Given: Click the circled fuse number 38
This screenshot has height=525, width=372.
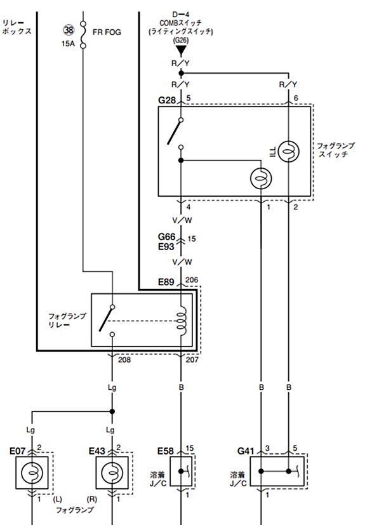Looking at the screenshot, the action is click(x=69, y=30).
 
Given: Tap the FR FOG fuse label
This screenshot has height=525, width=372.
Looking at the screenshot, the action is click(x=107, y=32).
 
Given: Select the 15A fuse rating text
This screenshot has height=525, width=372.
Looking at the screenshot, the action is click(x=68, y=44).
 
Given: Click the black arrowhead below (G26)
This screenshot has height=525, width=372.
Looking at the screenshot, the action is click(x=181, y=51).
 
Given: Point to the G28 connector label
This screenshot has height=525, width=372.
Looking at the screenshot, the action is click(x=167, y=100).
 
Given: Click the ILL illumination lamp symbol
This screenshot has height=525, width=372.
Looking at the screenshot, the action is click(x=289, y=151).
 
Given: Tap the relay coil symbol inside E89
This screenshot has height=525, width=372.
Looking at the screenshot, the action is click(x=181, y=321).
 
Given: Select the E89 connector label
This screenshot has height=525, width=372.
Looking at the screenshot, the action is click(x=166, y=282).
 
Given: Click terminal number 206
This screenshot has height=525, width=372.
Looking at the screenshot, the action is click(x=192, y=279).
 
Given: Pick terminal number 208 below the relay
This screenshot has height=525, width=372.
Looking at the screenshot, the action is click(x=124, y=360).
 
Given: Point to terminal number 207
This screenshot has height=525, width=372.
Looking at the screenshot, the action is click(x=192, y=360).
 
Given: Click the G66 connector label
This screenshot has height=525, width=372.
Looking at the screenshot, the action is click(x=166, y=237).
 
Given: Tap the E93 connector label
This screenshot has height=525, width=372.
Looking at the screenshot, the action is click(x=166, y=247).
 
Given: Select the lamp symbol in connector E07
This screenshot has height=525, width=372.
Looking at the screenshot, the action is click(x=32, y=473).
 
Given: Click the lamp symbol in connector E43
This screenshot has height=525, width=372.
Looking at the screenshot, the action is click(x=112, y=473).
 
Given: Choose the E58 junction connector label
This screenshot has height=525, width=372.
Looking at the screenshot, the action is click(x=166, y=451).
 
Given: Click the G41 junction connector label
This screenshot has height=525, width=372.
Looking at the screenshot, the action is click(x=246, y=451).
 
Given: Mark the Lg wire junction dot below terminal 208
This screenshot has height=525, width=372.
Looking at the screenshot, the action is click(x=112, y=411).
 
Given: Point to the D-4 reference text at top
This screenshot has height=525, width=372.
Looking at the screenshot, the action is click(x=181, y=15).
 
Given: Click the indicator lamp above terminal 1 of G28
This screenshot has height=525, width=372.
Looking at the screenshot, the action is click(x=261, y=178).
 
